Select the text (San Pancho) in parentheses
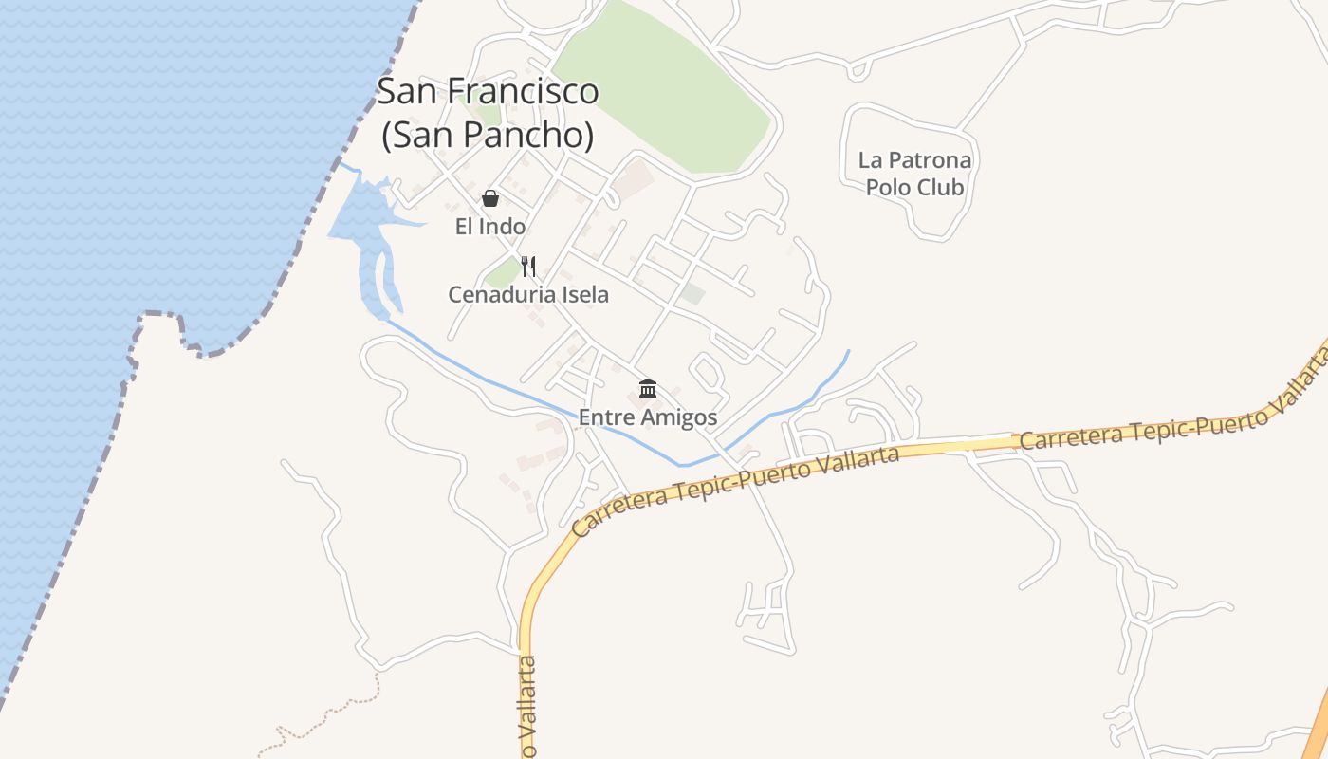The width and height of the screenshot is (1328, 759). click(488, 135)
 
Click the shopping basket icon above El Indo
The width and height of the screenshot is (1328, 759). click(490, 198)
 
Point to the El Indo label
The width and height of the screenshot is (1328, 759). click(490, 227)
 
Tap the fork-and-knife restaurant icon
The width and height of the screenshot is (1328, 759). click(528, 267)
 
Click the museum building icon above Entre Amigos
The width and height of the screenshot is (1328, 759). click(648, 388)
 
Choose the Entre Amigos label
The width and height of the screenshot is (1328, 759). click(648, 417)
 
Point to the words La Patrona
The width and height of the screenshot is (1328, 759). click(914, 159)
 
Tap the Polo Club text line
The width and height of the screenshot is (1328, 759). click(914, 187)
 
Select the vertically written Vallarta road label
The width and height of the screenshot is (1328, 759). click(528, 707)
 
